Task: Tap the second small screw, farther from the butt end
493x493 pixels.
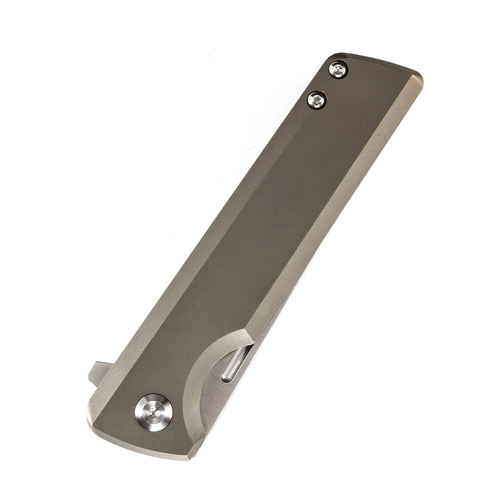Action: click(317, 99)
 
